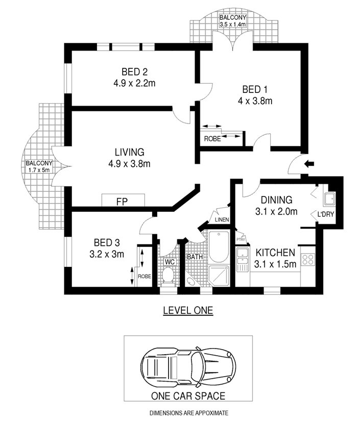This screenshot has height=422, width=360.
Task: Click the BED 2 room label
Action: (x=134, y=72)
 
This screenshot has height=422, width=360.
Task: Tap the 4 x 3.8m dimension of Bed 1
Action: (x=255, y=101)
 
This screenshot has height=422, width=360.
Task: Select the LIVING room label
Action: (x=130, y=152)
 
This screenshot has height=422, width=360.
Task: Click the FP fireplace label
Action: (x=122, y=202)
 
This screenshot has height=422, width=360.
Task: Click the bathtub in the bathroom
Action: (x=219, y=246)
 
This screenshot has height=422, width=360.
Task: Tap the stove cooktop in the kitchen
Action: (x=308, y=259)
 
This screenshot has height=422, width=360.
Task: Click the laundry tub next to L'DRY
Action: (x=329, y=199)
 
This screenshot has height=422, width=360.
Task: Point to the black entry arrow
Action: (x=309, y=163)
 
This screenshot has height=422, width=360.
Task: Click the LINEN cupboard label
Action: (x=222, y=219)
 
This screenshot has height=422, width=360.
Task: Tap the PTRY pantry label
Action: (x=241, y=239)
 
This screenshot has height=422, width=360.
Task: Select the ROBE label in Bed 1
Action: (x=212, y=139)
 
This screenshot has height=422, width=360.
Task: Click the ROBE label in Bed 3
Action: (x=145, y=277)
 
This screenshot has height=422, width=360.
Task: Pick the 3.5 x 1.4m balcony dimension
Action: (x=233, y=24)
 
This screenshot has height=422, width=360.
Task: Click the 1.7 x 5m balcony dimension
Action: (x=39, y=170)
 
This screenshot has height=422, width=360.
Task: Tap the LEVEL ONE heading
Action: (x=188, y=310)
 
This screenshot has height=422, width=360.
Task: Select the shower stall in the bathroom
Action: (x=219, y=276)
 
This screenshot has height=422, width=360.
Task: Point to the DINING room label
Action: (x=277, y=200)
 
